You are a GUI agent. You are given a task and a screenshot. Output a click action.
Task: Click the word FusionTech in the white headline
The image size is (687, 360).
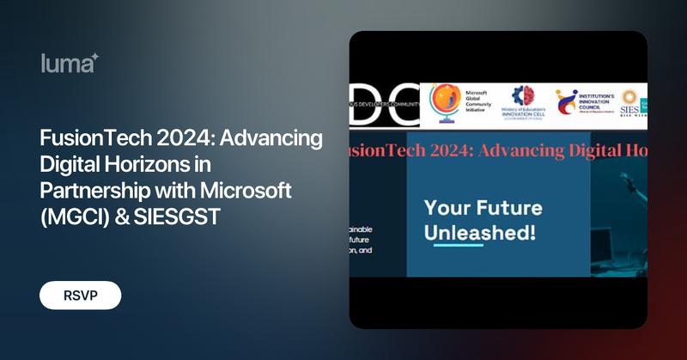[x=87, y=138]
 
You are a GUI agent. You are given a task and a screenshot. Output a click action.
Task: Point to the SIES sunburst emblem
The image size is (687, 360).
[x=629, y=97]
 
